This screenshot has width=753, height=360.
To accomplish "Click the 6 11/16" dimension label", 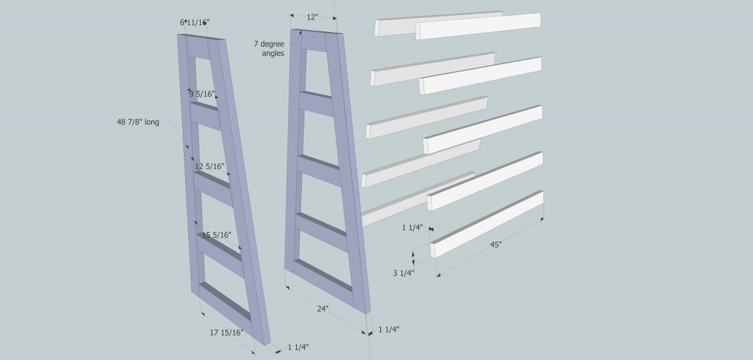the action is (195, 23).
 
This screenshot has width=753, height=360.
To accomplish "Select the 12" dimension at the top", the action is (312, 17).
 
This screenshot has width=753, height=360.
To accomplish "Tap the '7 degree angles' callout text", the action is (269, 48).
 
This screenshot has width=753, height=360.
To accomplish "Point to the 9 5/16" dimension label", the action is (201, 94).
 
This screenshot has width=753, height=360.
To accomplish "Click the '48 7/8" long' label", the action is (138, 122).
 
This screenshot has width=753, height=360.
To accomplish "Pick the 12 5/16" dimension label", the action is (210, 166).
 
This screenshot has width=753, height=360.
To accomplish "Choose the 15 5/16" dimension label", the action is (216, 235).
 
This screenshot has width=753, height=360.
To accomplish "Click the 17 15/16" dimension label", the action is (227, 333).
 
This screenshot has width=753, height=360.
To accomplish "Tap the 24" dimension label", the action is (323, 309).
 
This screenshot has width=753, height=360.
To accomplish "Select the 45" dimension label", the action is (496, 245).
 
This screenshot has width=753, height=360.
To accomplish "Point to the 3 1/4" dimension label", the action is (403, 273).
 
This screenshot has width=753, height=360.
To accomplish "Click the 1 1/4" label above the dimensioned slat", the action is (412, 228).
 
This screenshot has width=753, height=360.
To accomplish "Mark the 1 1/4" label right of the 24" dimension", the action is (389, 329).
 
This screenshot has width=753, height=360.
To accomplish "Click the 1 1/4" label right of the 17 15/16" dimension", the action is (298, 347).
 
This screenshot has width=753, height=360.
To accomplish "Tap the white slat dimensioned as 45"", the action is (487, 225).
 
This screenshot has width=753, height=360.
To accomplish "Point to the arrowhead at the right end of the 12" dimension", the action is (335, 18).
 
